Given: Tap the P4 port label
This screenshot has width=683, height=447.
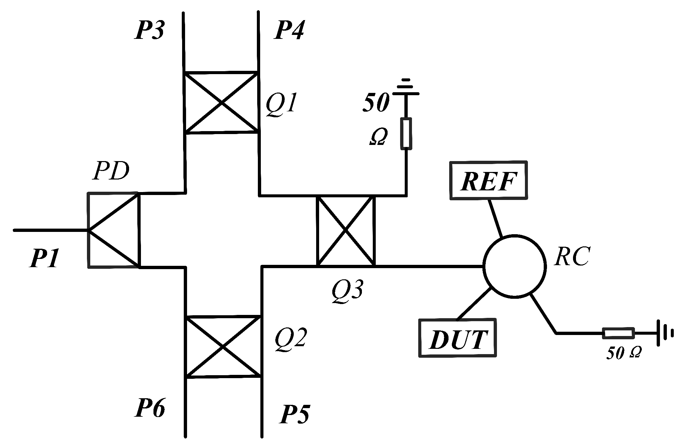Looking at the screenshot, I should pos(289,31).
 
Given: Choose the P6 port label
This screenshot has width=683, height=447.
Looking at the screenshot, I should pos(150,408).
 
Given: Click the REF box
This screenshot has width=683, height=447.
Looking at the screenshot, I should pos(489,180).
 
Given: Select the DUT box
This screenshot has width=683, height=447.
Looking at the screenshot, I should pos(458,337).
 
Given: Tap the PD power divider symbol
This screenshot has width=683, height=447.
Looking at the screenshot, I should pos(113,230).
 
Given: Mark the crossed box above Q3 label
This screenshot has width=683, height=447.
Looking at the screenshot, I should pos(345,231).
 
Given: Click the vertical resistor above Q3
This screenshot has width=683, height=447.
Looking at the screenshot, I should pos(406,133).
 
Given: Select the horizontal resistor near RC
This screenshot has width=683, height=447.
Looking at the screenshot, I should pos(618,333).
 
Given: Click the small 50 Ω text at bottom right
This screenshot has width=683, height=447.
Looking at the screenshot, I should pos(623,353).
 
